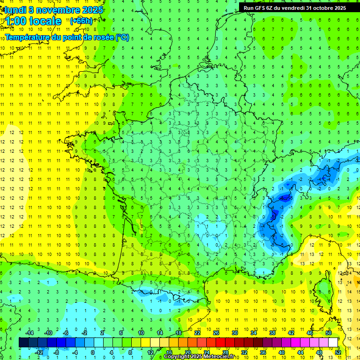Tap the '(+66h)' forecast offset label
[x=81, y=21]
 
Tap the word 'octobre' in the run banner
[x=318, y=7]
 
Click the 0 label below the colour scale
[x=92, y=352]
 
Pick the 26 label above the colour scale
[x=216, y=333]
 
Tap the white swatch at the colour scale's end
[x=333, y=343]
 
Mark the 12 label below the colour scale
[x=150, y=352]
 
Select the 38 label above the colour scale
[x=272, y=333]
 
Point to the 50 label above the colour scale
[x=329, y=333]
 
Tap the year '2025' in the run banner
[x=337, y=7]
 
